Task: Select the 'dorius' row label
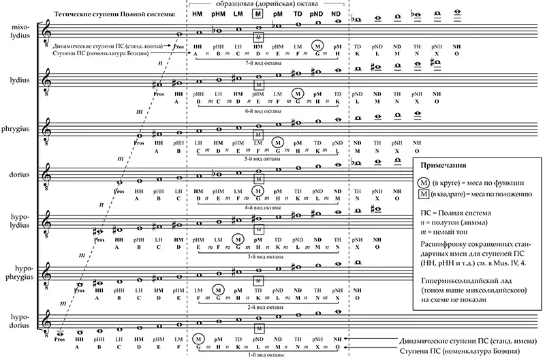click(x=20, y=173)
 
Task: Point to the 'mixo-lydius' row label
click(x=20, y=31)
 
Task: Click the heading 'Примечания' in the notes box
click(x=444, y=166)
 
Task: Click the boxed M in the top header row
click(x=256, y=14)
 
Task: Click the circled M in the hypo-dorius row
click(x=198, y=338)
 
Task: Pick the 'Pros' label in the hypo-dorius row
click(x=59, y=338)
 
